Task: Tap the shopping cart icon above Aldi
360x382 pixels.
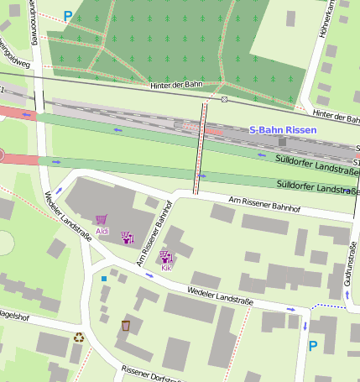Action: tap(102, 220)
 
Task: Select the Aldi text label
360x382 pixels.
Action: tap(102, 231)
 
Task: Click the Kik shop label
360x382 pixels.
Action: tap(166, 268)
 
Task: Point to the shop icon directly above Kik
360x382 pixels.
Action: tap(166, 257)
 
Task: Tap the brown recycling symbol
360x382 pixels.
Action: tap(79, 338)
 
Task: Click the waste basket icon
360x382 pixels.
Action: tap(126, 325)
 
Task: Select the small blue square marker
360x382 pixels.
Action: tap(104, 278)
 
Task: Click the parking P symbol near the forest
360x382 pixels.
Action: tap(68, 16)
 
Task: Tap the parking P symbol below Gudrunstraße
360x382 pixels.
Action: tap(313, 345)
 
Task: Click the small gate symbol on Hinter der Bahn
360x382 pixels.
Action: tap(225, 99)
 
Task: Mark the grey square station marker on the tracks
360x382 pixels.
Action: tap(282, 142)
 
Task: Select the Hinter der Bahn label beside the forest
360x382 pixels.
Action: tap(177, 86)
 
